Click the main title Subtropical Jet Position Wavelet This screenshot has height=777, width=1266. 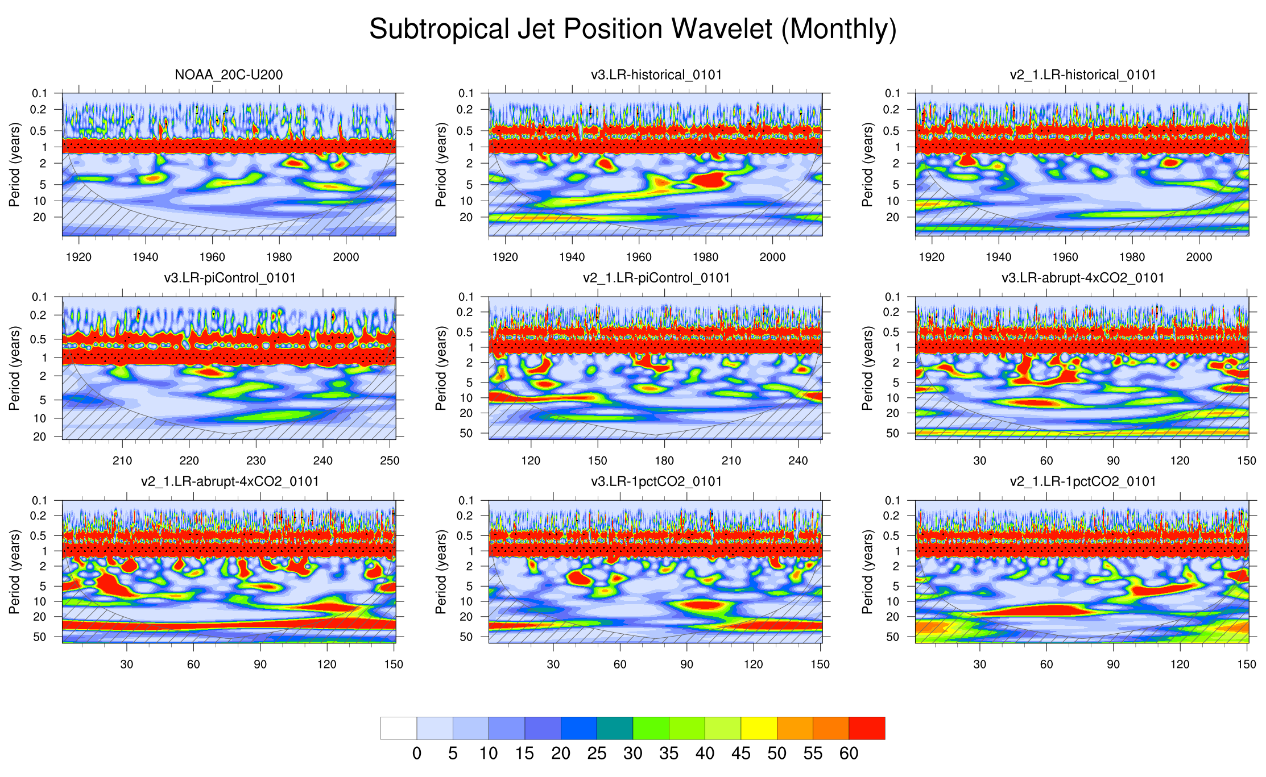point(632,28)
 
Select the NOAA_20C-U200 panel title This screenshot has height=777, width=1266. point(229,74)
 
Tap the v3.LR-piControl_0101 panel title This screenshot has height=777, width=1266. point(230,278)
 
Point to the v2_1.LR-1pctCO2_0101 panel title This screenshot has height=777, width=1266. point(1083,481)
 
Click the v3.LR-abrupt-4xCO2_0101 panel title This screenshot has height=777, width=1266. point(1083,278)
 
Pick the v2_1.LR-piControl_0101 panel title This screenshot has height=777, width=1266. point(656,278)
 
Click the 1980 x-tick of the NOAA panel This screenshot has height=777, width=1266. point(279,257)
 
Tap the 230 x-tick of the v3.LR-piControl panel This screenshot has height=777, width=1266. point(256,460)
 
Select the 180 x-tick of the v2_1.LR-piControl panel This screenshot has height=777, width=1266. point(664,460)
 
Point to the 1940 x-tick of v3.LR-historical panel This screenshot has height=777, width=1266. point(572,257)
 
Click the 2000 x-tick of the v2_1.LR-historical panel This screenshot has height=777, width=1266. point(1199,257)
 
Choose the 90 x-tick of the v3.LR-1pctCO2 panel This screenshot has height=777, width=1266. point(686,664)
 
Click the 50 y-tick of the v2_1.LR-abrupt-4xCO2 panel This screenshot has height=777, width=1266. point(40,637)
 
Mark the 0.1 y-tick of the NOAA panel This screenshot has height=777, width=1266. point(39,93)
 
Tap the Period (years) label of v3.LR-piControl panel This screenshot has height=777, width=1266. point(14,368)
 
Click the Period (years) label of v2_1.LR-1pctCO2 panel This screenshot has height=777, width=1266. point(867,571)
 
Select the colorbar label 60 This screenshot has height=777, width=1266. point(849,754)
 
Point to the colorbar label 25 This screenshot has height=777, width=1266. point(597,754)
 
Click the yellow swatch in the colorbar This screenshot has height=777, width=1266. point(759,728)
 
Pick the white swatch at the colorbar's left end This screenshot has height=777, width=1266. point(399,728)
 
